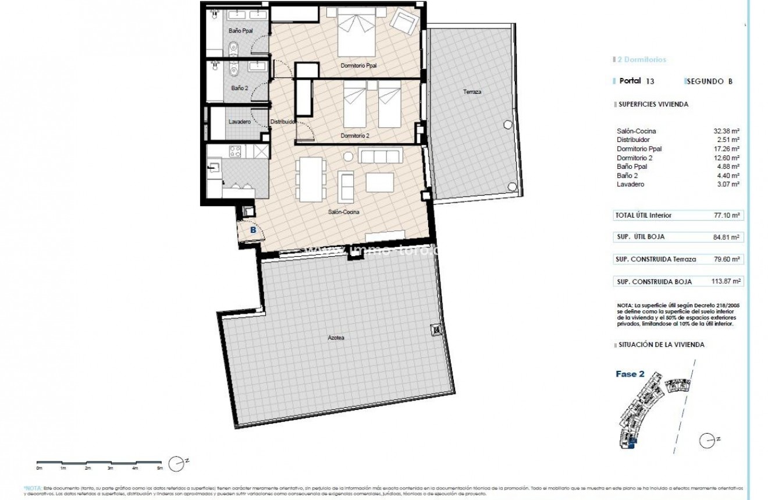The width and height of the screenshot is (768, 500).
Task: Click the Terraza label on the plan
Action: tap(472, 92)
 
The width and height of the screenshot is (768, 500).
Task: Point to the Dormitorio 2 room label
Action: tap(354, 136)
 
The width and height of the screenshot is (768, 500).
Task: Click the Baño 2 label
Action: tap(239, 88)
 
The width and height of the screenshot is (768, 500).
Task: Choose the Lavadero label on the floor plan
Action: tap(240, 122)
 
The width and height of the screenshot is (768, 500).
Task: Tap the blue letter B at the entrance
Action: tap(253, 230)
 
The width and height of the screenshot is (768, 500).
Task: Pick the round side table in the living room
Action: tap(349, 156)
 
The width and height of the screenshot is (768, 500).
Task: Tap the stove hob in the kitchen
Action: tap(236, 152)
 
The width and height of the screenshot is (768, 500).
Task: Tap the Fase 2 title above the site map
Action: tap(630, 374)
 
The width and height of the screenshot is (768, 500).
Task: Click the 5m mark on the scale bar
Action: tap(159, 467)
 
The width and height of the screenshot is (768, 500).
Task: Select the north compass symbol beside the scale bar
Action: tap(176, 463)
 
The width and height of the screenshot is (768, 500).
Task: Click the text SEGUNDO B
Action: tap(709, 81)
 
